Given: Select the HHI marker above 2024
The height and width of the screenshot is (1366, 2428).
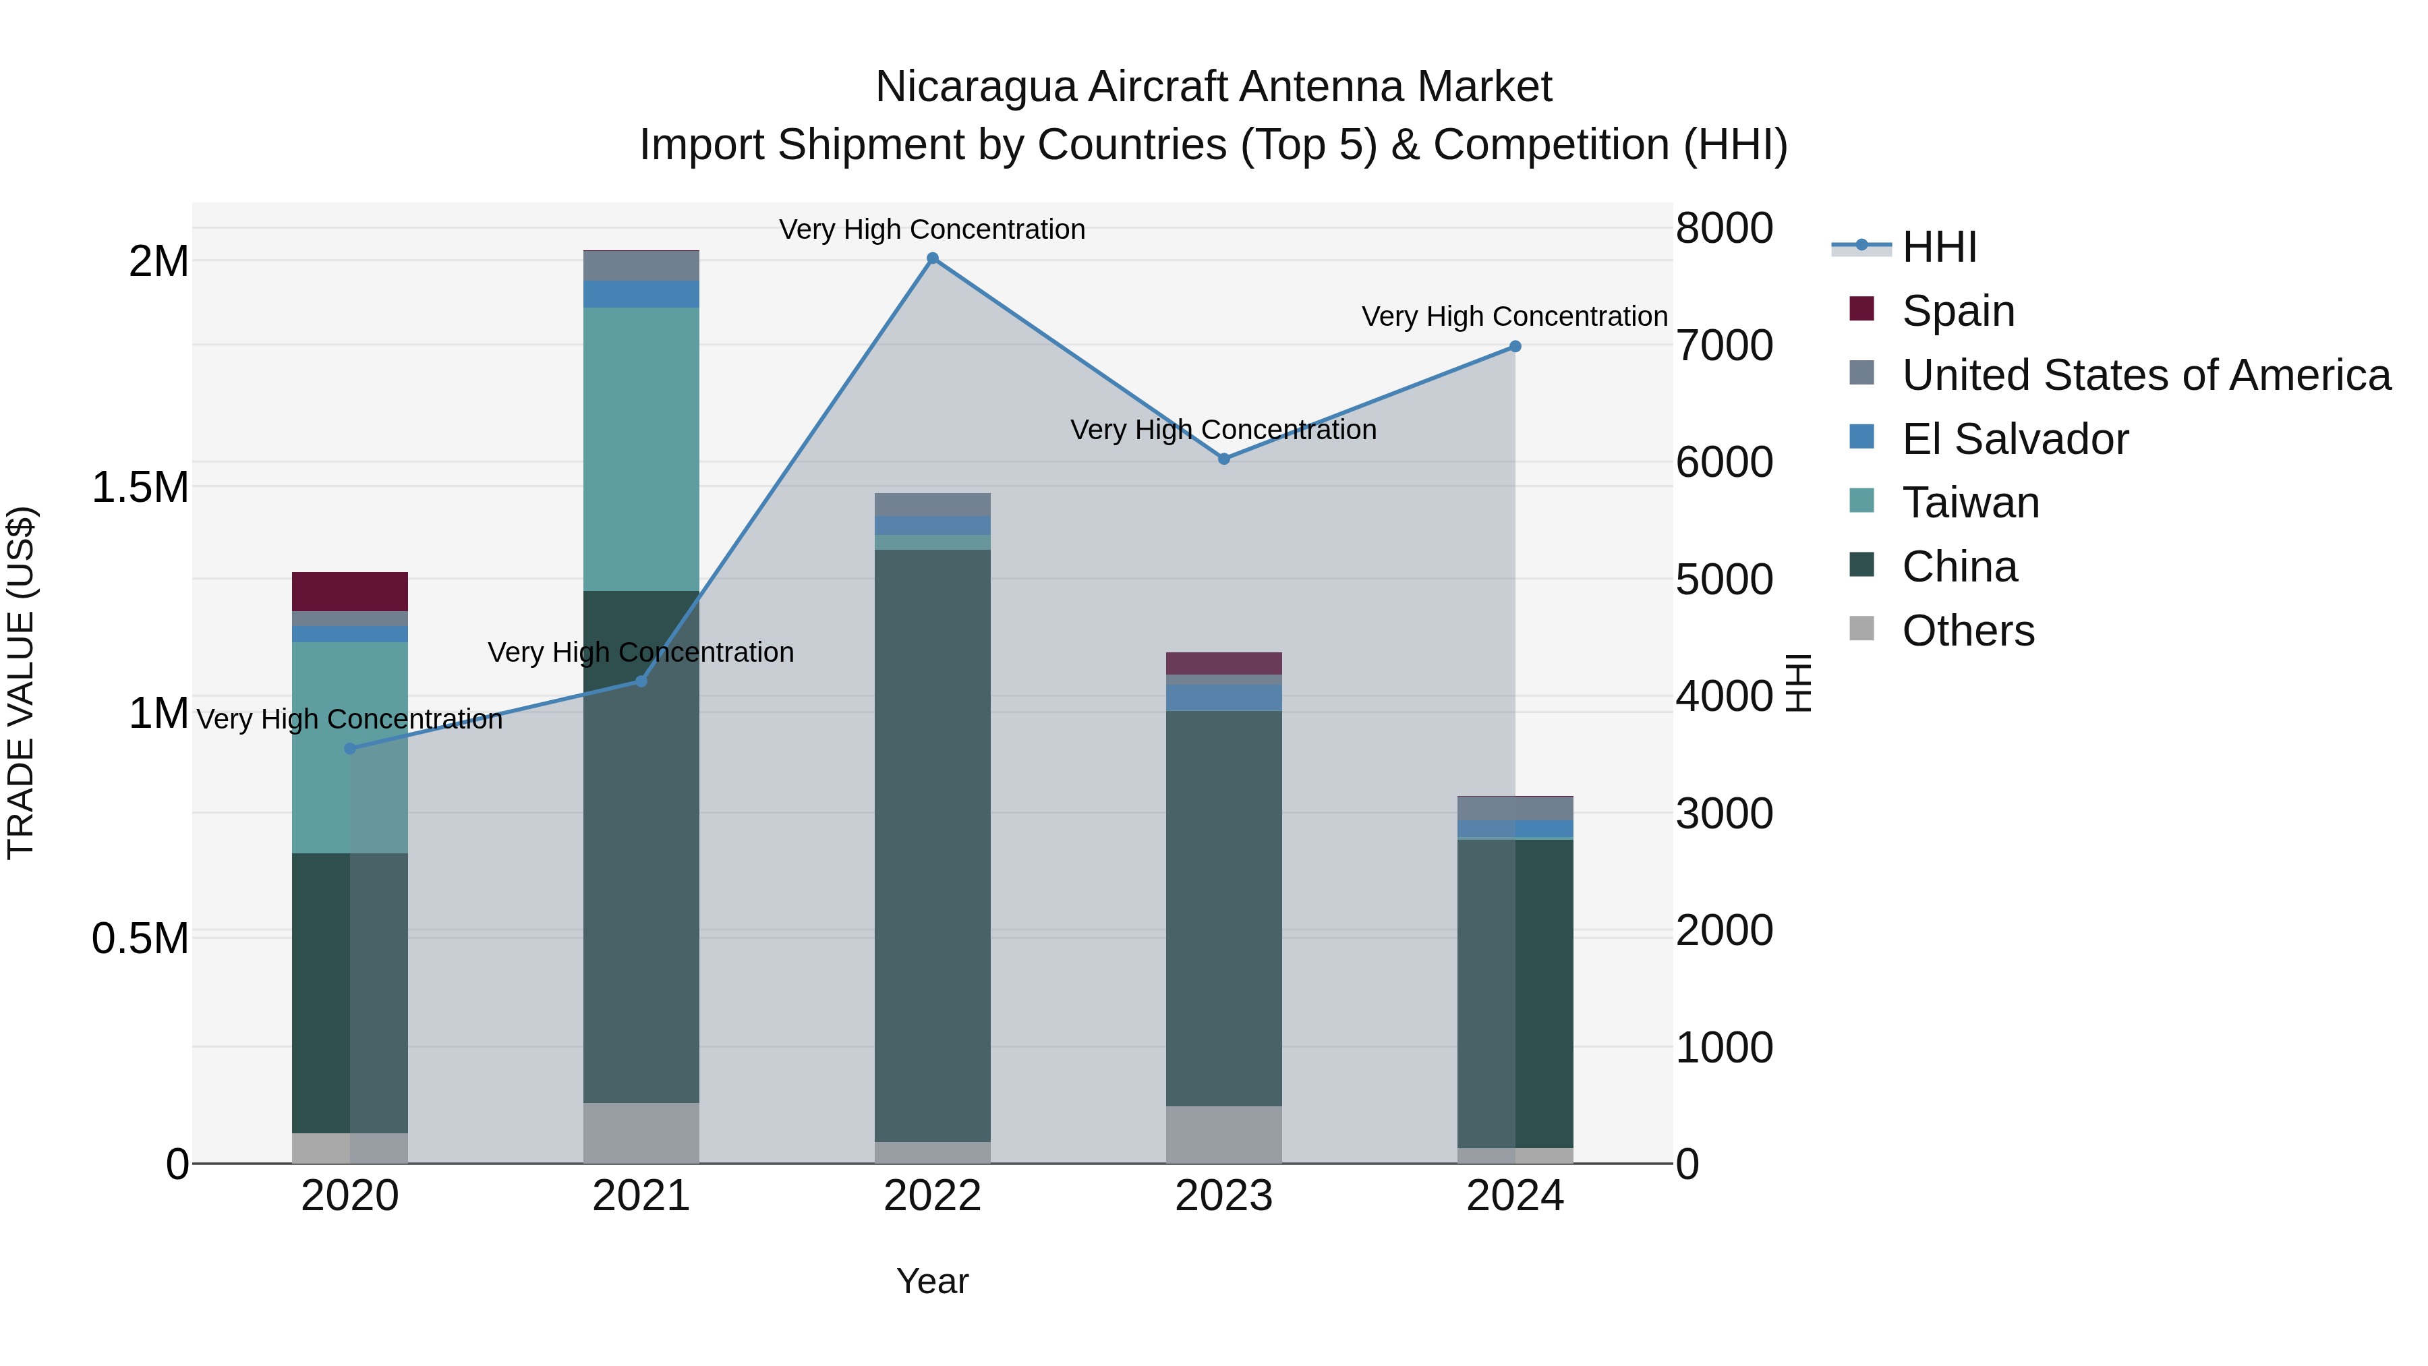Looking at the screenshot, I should click(1515, 347).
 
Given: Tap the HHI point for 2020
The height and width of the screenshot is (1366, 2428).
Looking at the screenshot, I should click(349, 749).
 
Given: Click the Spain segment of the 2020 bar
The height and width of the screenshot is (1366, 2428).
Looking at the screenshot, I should click(349, 591).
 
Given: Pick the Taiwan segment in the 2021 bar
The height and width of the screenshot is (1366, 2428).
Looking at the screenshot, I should click(641, 449).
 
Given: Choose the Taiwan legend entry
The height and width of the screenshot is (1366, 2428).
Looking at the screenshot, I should click(1970, 503).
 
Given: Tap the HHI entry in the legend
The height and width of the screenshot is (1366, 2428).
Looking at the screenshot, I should click(1939, 247).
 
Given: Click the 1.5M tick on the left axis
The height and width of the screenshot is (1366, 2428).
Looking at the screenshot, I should click(140, 488).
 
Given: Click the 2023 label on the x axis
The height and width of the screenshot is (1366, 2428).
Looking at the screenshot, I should click(1223, 1196).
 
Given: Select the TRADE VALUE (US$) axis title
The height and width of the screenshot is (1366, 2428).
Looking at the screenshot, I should click(21, 683).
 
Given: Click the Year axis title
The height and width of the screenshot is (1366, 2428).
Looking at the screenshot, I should click(932, 1281).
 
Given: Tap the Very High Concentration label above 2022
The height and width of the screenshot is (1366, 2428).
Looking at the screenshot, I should click(932, 229).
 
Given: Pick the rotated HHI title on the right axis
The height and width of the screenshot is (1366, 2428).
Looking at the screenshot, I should click(1798, 683).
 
